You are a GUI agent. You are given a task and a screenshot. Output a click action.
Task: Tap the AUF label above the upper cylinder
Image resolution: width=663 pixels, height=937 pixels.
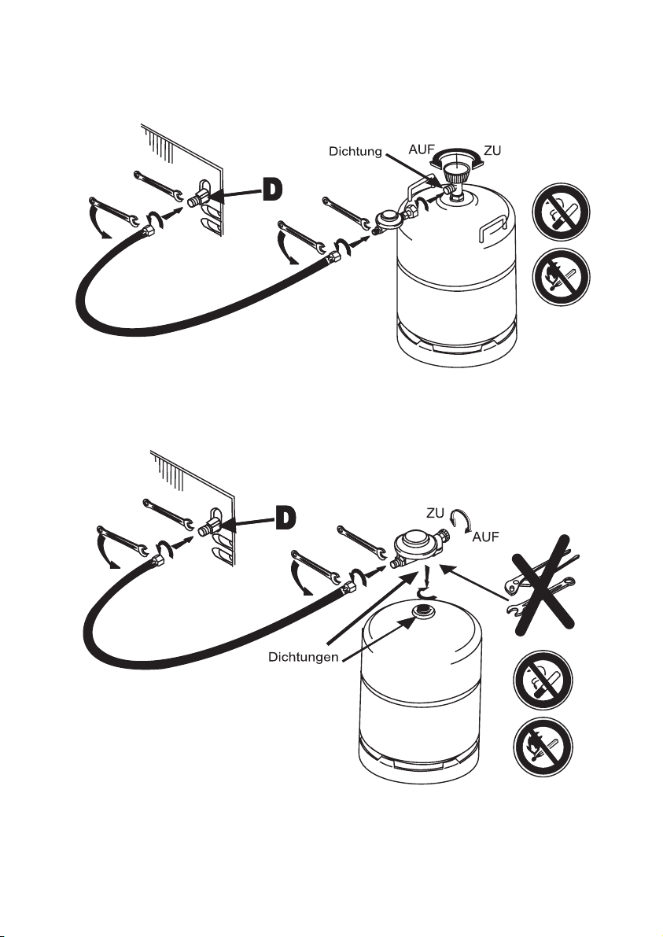click(422, 149)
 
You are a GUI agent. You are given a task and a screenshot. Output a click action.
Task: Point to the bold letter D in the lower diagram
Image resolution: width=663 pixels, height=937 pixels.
click(285, 515)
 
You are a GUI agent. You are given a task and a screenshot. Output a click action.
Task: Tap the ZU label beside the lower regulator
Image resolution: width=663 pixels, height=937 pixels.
click(437, 511)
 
